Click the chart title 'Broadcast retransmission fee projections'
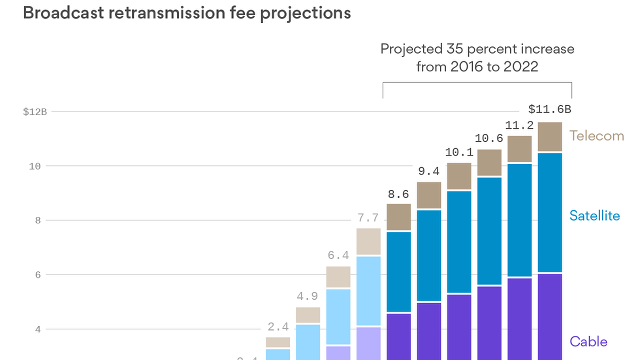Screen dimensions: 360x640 [x=187, y=13]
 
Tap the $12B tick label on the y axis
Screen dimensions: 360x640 [x=35, y=112]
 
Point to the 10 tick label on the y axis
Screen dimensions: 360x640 [x=35, y=166]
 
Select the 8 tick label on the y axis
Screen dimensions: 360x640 [x=38, y=220]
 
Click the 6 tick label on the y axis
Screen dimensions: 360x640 [x=38, y=275]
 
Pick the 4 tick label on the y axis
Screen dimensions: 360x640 [x=38, y=329]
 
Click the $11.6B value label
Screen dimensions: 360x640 [x=550, y=109]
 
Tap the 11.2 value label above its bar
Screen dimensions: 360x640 [x=519, y=126]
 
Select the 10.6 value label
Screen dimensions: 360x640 [x=489, y=138]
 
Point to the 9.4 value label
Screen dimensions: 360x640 [x=429, y=172]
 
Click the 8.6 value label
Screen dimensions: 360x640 [x=398, y=194]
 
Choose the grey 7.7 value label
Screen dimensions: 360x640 [x=368, y=218]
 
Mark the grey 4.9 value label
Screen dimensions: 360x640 [x=307, y=296]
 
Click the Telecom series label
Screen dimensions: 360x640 [x=597, y=136]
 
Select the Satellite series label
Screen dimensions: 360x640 [x=595, y=216]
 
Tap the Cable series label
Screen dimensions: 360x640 [x=588, y=342]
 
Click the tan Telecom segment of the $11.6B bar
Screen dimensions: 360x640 [x=550, y=137]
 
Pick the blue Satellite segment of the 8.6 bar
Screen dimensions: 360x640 [x=399, y=272]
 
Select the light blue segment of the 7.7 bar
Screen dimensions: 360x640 [x=368, y=291]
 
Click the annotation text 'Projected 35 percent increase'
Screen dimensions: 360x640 [x=477, y=49]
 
